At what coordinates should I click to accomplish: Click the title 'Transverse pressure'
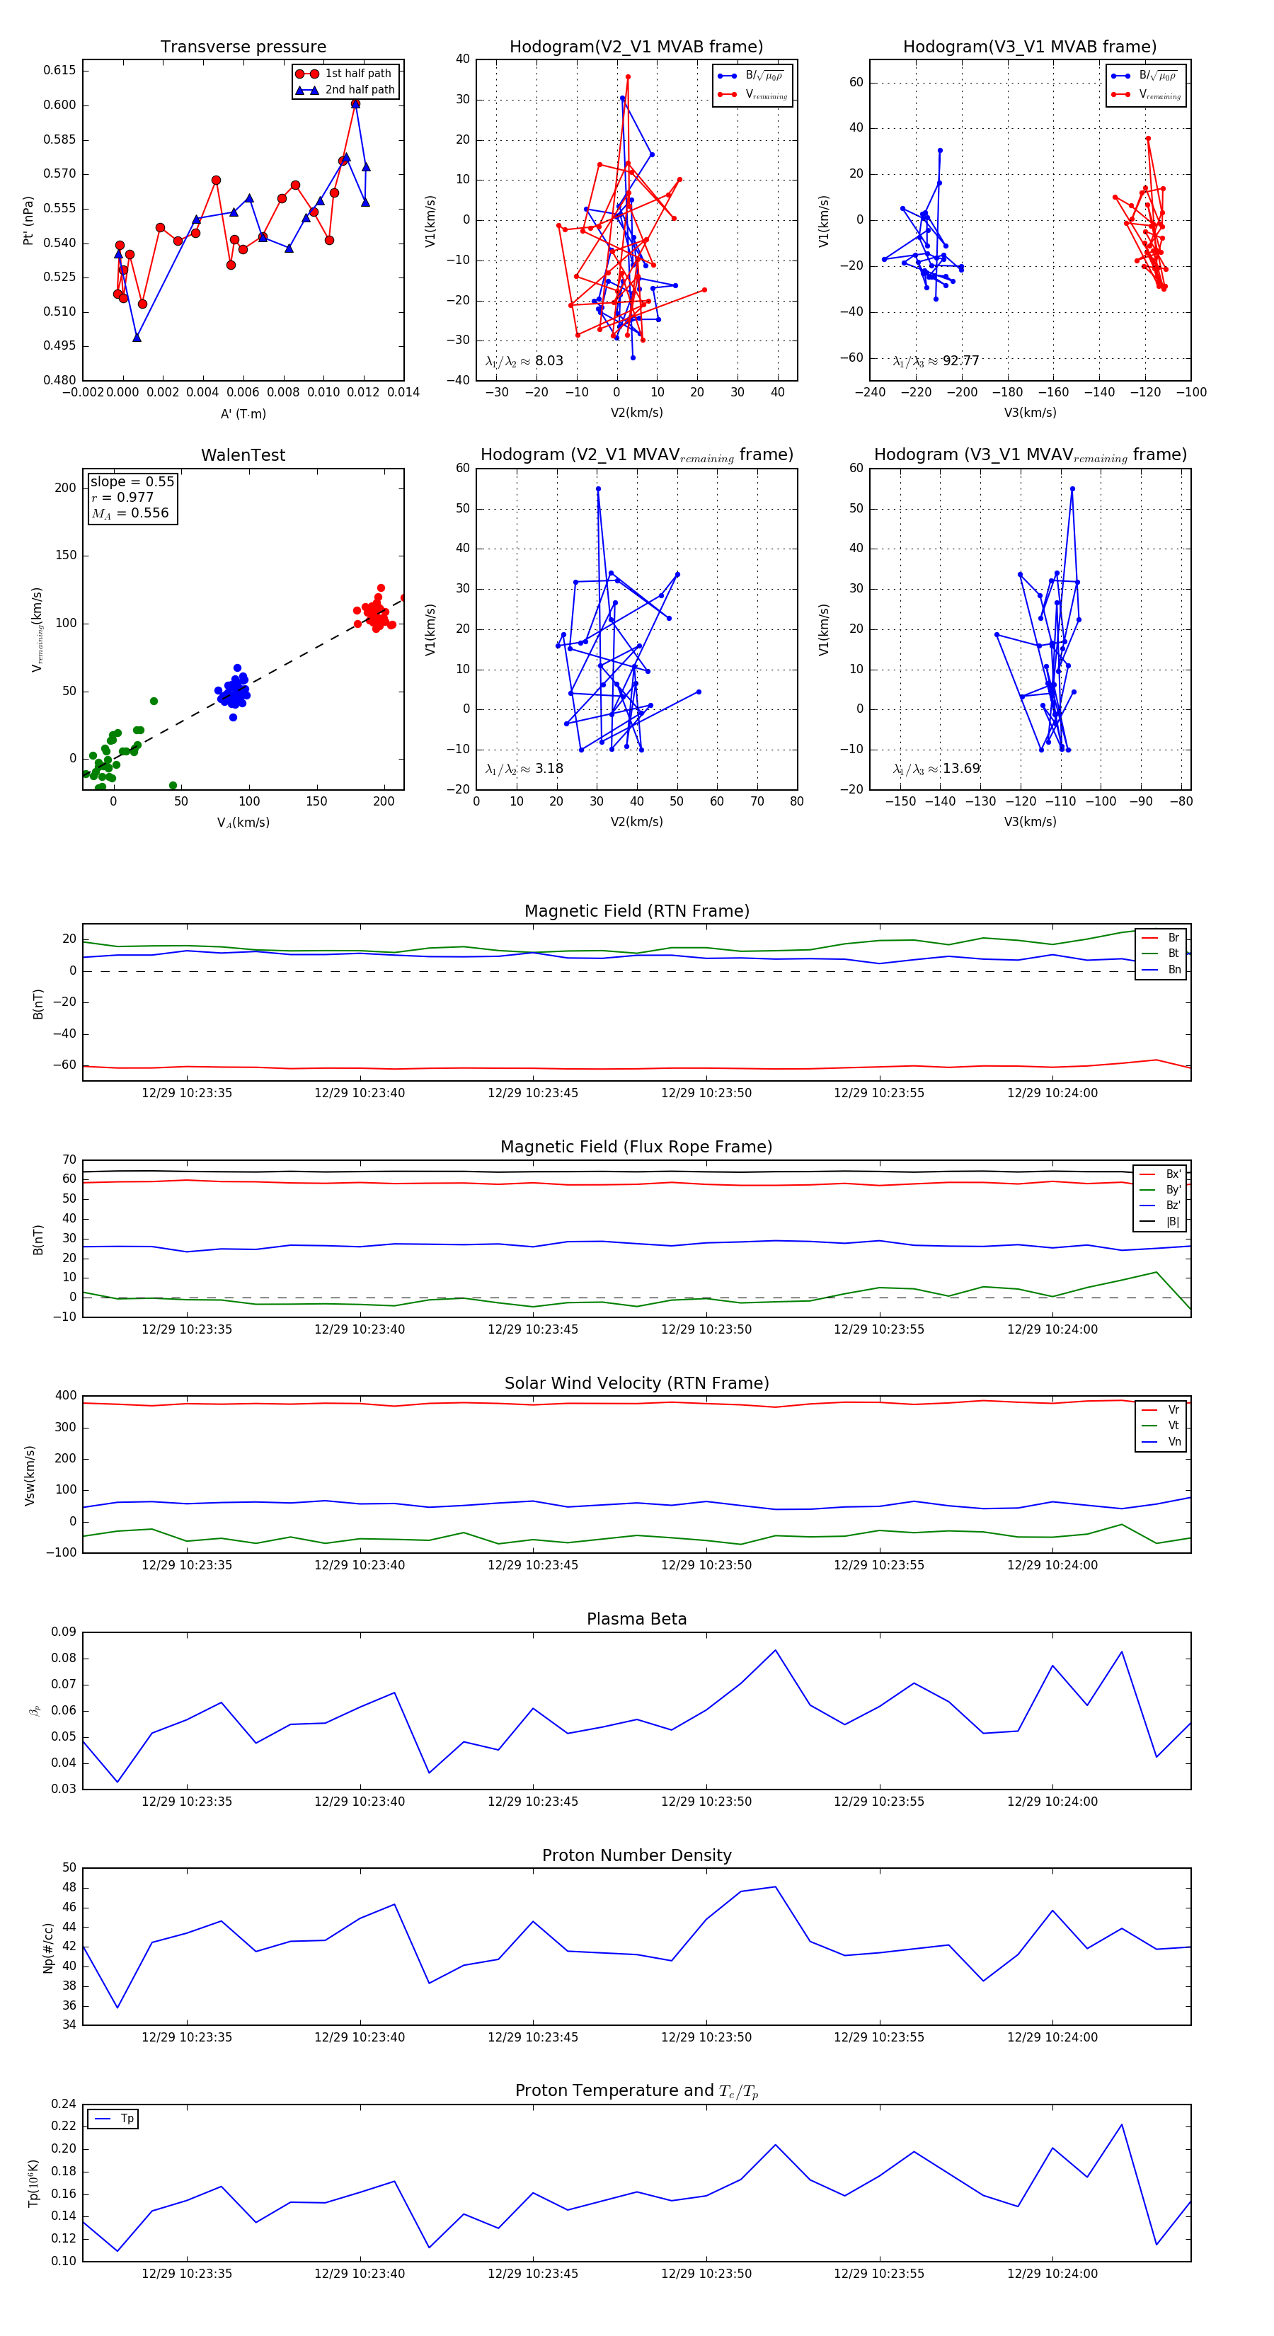243,47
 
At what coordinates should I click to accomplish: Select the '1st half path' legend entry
357,74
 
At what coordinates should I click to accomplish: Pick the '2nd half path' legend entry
359,90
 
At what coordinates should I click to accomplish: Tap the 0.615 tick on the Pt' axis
60,71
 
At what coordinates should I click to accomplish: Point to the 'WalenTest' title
243,455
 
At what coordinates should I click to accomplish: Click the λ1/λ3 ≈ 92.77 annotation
936,361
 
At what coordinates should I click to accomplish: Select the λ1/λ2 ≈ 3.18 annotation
524,769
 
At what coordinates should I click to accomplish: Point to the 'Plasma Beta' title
636,1620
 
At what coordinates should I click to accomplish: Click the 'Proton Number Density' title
636,1855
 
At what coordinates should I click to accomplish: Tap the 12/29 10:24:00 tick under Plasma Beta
1052,1802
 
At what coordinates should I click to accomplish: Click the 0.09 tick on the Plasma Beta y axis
64,1632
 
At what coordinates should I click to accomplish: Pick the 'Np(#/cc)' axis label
48,1948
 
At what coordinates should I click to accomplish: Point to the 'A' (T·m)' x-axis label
243,414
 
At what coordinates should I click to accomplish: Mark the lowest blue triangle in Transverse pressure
137,338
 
